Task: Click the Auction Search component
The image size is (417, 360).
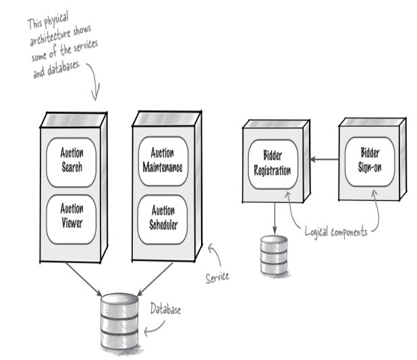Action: (x=72, y=162)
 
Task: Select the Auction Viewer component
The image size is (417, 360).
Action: (x=72, y=220)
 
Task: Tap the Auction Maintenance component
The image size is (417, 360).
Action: (x=163, y=161)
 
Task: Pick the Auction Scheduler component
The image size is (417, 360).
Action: (x=163, y=220)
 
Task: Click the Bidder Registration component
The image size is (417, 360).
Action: (x=273, y=164)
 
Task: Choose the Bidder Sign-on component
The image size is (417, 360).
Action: (x=370, y=162)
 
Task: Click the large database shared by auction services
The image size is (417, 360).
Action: (x=119, y=322)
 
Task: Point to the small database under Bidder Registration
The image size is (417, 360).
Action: (x=274, y=255)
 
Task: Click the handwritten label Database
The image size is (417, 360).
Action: (x=165, y=309)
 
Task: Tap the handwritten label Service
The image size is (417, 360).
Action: (x=217, y=277)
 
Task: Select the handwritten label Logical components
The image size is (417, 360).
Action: (x=336, y=232)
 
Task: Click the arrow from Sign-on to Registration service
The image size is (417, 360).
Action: (x=325, y=159)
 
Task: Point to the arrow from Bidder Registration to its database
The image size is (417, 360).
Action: (x=275, y=218)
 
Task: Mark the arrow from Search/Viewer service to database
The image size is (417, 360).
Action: (x=84, y=279)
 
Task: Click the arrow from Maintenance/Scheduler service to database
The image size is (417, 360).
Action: (x=155, y=279)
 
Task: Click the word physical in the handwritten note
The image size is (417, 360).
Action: (x=56, y=19)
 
